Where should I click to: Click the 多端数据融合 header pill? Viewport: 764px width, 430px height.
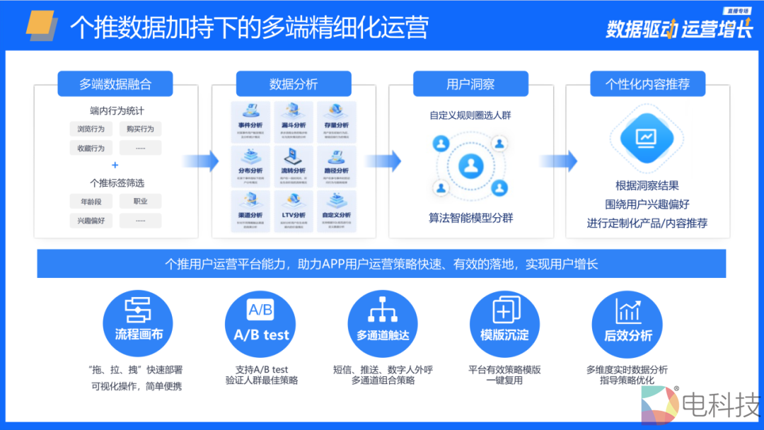coord(115,84)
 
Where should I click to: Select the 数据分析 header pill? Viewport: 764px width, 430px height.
coord(294,84)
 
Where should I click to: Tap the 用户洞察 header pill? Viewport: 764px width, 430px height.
coord(470,84)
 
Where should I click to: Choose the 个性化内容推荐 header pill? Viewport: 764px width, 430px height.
coord(647,84)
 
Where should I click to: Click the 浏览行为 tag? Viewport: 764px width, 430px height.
coord(91,129)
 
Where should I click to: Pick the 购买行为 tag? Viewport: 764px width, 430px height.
coord(140,129)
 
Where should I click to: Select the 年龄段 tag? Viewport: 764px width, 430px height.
coord(91,202)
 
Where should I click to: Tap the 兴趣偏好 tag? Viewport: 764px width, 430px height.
coord(91,221)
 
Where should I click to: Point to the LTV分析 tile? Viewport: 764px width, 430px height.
coord(294,211)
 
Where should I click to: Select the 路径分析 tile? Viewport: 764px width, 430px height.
coord(336,166)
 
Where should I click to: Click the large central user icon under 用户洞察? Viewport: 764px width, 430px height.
coord(470,167)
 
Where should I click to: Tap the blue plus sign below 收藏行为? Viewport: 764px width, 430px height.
coord(115,165)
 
